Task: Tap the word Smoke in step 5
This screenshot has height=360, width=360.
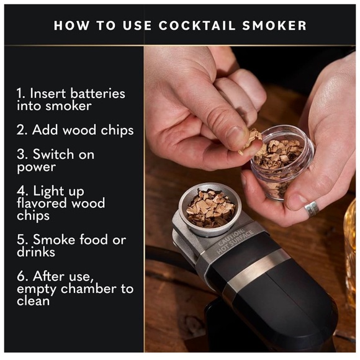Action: pos(53,240)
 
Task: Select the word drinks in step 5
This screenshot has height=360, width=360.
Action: pos(37,252)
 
